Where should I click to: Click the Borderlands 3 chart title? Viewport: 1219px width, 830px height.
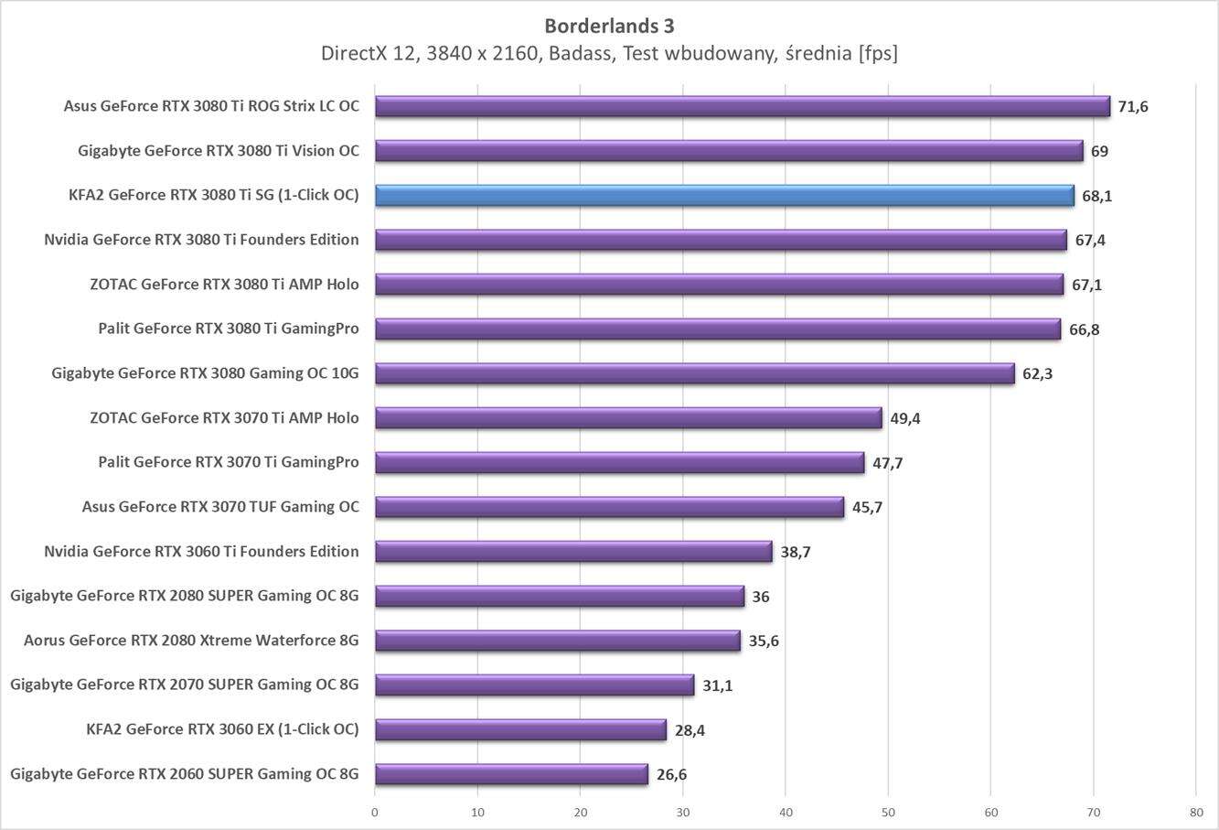(609, 25)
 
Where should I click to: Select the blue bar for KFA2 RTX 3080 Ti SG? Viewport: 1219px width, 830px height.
(724, 196)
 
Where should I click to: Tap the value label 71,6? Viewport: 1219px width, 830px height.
(1133, 107)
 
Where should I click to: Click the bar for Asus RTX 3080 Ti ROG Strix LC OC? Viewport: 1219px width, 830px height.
(742, 107)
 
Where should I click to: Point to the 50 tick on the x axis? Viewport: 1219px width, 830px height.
(888, 811)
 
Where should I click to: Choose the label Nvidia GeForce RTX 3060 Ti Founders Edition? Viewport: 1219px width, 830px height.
(201, 551)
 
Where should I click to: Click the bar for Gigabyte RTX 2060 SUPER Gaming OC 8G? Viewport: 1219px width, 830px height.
(511, 774)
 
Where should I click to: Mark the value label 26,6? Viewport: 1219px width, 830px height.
(671, 775)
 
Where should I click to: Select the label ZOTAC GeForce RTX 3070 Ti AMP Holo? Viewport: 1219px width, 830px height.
(224, 417)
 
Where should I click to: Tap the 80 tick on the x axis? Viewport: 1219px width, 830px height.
(1195, 811)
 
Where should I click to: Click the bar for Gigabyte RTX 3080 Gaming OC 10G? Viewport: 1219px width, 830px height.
(694, 373)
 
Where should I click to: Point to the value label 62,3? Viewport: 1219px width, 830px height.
(1037, 373)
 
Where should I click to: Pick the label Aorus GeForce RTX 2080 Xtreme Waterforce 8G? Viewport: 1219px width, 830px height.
(191, 641)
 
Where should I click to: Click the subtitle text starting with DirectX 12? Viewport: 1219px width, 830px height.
(609, 53)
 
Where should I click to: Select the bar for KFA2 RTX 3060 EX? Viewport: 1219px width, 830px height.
(520, 729)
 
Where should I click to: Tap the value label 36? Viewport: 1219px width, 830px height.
(760, 597)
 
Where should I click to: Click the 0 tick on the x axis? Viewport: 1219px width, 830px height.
(375, 811)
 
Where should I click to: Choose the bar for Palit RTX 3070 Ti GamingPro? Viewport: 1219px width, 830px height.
(619, 462)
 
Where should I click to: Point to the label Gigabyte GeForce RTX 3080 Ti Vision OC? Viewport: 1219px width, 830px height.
(219, 151)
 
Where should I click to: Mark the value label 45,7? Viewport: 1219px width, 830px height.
(867, 507)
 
